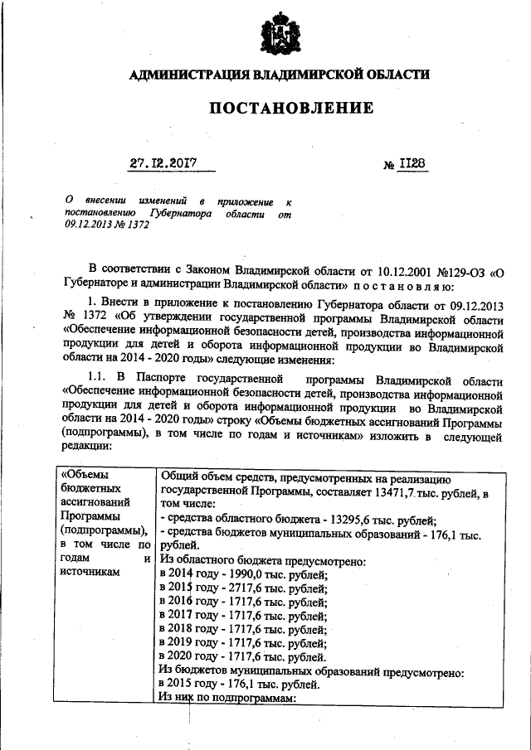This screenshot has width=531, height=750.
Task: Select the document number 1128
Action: [x=412, y=164]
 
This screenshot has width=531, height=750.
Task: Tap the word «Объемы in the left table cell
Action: [x=85, y=475]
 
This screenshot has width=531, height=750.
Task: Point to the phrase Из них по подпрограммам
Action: [x=227, y=698]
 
